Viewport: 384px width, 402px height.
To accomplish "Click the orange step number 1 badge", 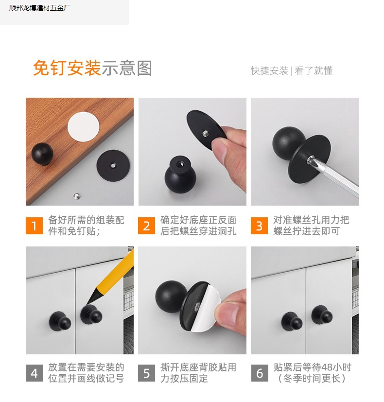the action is click(x=34, y=226).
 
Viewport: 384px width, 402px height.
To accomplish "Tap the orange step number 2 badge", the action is click(x=146, y=226).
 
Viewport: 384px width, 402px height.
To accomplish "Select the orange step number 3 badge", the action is click(x=259, y=226).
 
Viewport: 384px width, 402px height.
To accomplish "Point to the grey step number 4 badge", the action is click(x=34, y=373).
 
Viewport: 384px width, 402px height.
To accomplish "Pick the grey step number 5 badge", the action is click(x=146, y=373).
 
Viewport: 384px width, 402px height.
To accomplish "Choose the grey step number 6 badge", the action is click(x=259, y=373).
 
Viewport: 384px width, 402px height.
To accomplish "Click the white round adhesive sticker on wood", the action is click(x=83, y=126).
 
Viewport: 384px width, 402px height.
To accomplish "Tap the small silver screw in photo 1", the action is click(x=77, y=196).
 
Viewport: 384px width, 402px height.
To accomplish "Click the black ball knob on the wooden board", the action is click(x=42, y=154).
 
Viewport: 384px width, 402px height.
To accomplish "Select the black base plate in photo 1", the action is click(x=113, y=166).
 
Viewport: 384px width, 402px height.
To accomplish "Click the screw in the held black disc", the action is click(x=206, y=133).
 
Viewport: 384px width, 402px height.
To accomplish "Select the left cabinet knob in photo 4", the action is click(x=60, y=321).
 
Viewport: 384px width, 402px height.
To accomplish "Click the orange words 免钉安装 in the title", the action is click(x=67, y=68).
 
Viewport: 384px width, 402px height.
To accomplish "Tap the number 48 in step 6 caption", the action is click(x=327, y=367).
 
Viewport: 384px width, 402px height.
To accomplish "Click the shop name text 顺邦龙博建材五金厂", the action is click(x=40, y=8).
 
